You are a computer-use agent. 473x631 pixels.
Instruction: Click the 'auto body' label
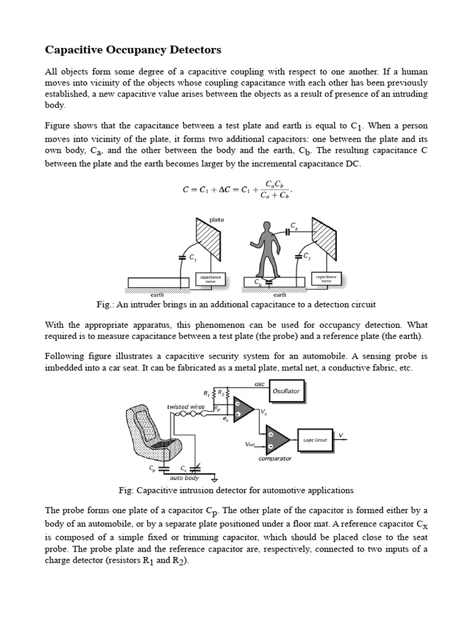click(185, 478)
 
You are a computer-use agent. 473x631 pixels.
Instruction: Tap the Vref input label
click(249, 444)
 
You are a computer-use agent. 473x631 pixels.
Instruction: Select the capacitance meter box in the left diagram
click(211, 279)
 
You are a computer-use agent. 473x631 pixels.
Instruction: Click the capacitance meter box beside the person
click(327, 279)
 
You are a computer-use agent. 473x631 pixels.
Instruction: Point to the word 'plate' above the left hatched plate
click(217, 220)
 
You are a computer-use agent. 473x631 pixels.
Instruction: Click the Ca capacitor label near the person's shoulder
click(295, 226)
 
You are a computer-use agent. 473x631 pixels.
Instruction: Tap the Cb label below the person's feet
click(258, 282)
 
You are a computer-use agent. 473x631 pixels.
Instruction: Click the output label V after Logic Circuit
click(341, 435)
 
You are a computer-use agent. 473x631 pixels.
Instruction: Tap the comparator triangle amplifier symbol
click(277, 439)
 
